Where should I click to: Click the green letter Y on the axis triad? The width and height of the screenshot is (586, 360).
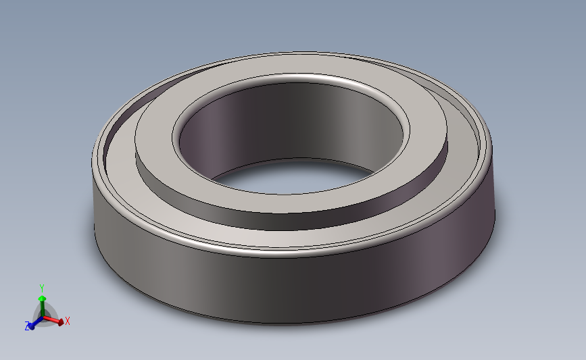(42, 287)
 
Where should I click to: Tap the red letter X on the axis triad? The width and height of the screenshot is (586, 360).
(68, 321)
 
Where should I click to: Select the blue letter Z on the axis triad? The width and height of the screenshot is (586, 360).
(28, 327)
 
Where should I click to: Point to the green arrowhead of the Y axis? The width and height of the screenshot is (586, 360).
(42, 298)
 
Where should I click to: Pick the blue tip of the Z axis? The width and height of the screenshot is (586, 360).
(31, 326)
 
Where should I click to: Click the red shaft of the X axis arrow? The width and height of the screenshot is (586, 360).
(52, 320)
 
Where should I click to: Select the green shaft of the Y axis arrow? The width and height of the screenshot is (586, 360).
(42, 308)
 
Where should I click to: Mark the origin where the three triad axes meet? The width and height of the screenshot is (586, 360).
(43, 317)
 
